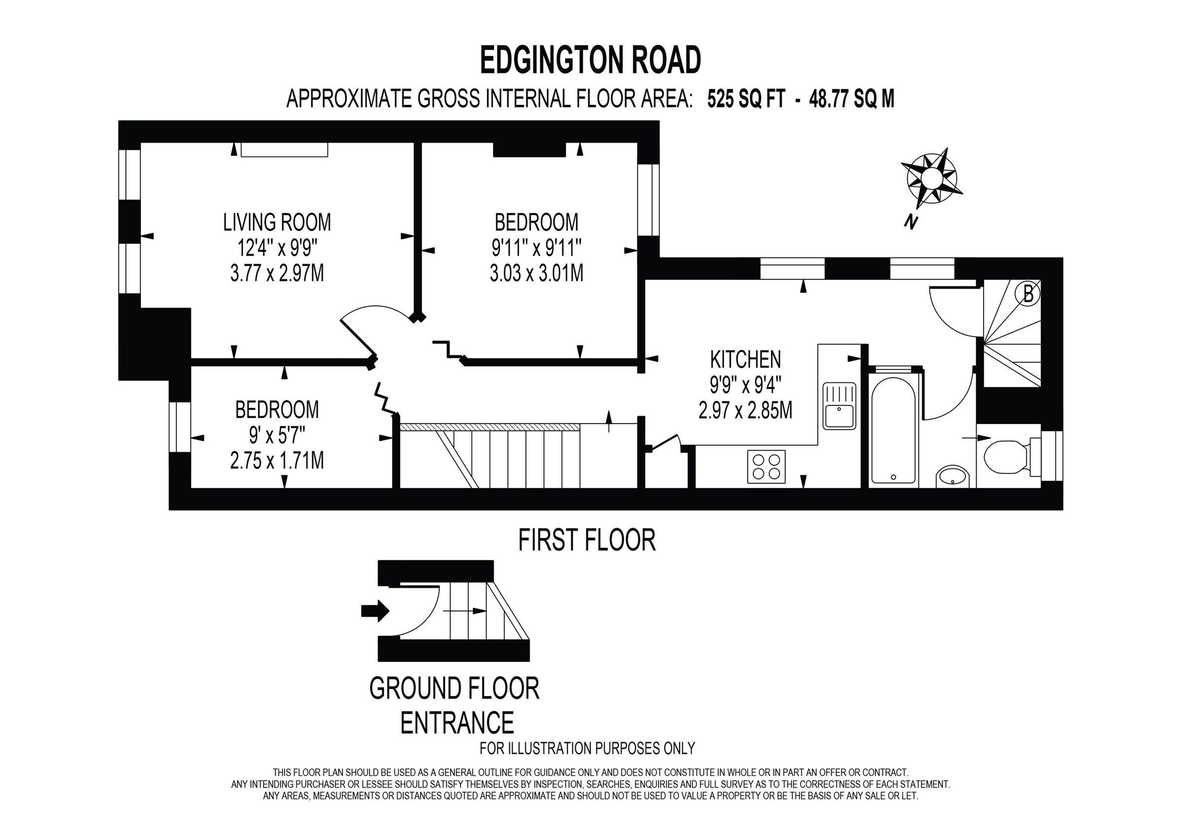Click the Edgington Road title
[590, 60]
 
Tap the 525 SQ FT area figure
[746, 99]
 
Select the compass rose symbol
[931, 178]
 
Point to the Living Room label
[277, 222]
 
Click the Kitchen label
[745, 359]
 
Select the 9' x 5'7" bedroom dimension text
[277, 435]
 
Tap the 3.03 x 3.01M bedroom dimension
[536, 273]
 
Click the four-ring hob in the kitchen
[766, 466]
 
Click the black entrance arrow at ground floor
[375, 611]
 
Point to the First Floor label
[587, 540]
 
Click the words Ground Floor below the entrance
[454, 688]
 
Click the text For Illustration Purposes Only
[587, 748]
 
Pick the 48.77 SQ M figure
[852, 99]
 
